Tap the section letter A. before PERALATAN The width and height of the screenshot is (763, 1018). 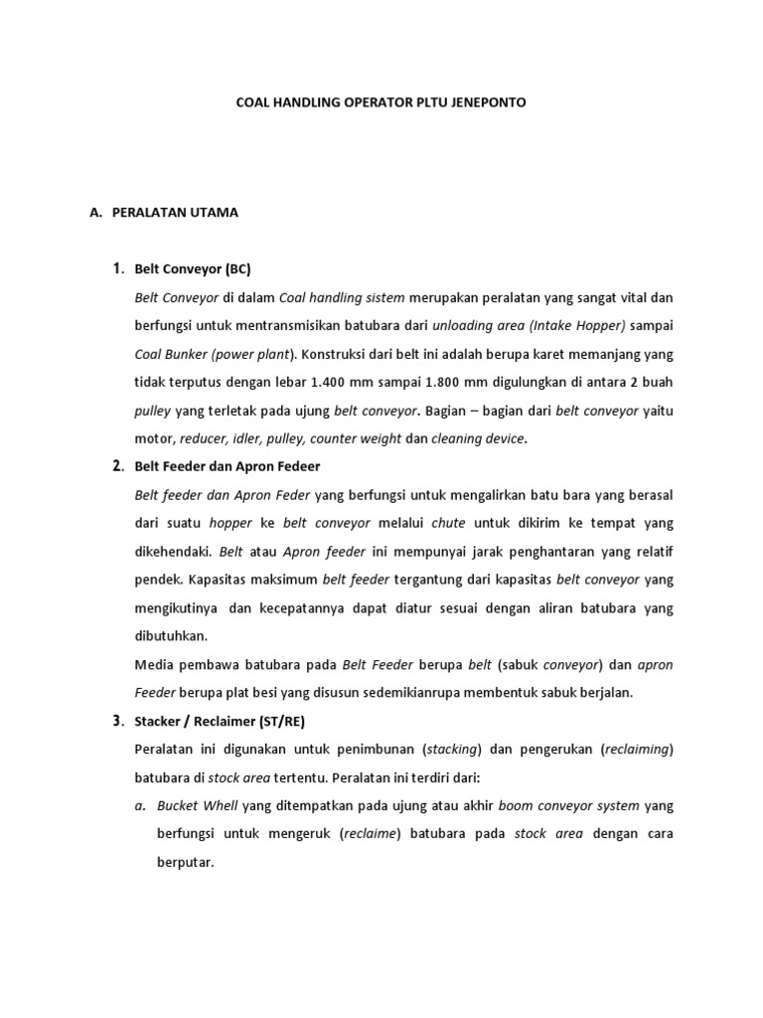click(x=95, y=212)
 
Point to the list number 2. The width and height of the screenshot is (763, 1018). click(x=117, y=465)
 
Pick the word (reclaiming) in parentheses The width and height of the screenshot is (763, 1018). click(x=638, y=749)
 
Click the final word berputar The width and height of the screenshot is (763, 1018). click(x=186, y=862)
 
